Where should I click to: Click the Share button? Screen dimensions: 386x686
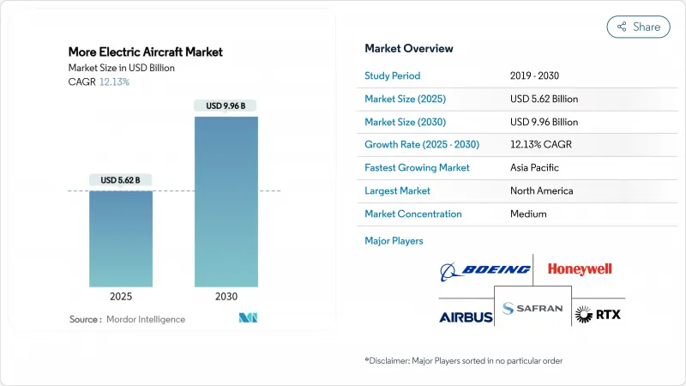638,27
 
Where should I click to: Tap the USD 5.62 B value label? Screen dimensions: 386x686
121,180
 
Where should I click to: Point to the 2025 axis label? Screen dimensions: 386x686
121,296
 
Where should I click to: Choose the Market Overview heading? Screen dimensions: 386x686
409,49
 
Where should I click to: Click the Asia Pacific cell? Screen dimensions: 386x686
535,167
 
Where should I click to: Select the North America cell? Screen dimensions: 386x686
541,190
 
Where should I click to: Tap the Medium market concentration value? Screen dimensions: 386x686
529,214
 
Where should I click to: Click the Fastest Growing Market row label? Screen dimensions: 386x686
417,167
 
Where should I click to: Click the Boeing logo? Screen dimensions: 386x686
484,271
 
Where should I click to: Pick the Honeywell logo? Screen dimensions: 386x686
580,269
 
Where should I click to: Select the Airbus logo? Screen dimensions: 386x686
466,317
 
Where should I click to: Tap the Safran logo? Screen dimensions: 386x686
533,308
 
